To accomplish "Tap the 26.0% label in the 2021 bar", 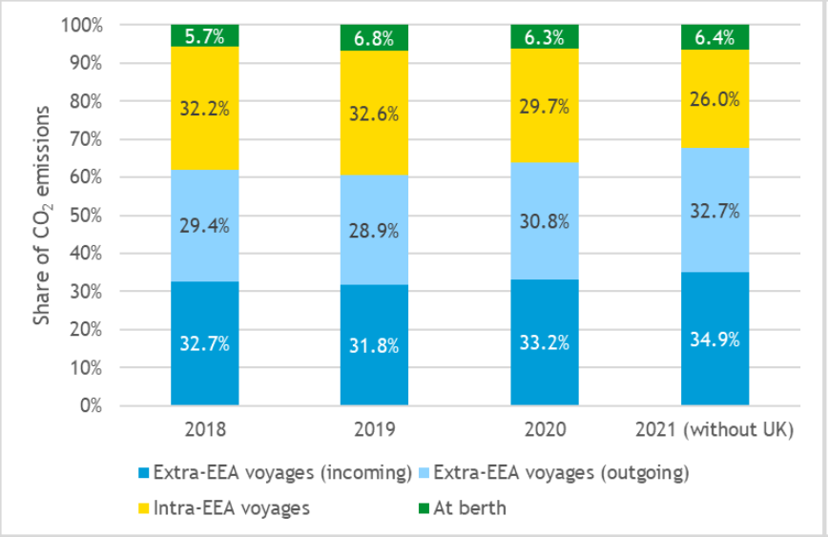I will (x=714, y=97).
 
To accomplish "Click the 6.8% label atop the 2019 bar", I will (x=374, y=38).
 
